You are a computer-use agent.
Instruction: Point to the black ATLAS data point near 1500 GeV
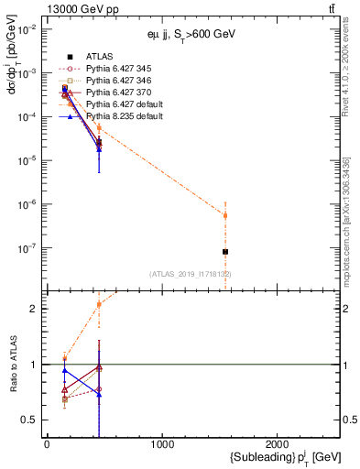pos(225,251)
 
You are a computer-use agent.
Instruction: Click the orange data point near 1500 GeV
pos(225,216)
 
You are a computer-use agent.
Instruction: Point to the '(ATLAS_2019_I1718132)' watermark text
pos(191,274)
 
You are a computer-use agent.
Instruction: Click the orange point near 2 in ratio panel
pos(99,305)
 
